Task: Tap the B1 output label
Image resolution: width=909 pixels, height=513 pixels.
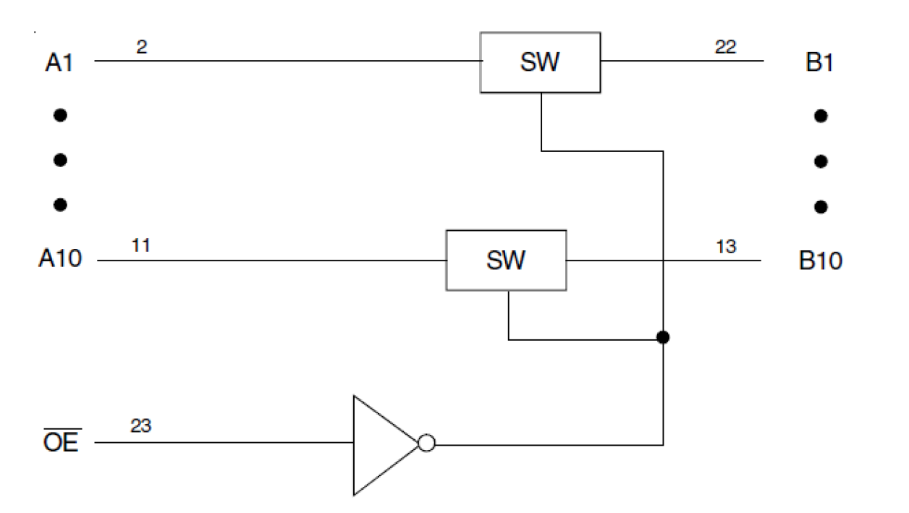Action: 819,62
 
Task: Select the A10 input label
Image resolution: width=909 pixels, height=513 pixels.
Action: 61,260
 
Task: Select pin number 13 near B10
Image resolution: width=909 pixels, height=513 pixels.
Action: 726,247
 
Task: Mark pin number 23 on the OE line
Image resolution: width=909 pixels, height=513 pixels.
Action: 142,428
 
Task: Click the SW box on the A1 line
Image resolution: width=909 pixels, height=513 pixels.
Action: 541,62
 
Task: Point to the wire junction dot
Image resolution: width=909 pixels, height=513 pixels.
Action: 662,338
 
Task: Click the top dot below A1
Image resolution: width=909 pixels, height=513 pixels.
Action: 61,115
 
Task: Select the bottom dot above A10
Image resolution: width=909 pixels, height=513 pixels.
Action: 61,205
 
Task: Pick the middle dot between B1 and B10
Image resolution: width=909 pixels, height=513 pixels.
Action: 821,161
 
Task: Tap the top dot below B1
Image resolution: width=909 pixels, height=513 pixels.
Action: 821,116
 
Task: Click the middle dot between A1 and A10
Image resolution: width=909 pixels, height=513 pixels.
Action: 61,160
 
